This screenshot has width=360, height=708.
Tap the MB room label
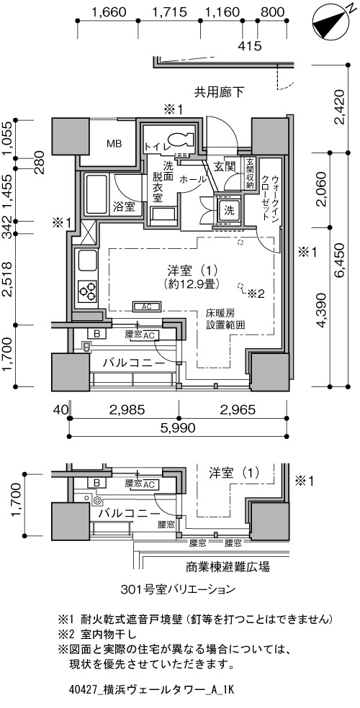(x=114, y=142)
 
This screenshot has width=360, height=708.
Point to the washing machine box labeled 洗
(x=230, y=211)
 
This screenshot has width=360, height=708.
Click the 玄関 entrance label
(x=222, y=166)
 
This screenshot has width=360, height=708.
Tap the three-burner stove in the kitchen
(x=88, y=291)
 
